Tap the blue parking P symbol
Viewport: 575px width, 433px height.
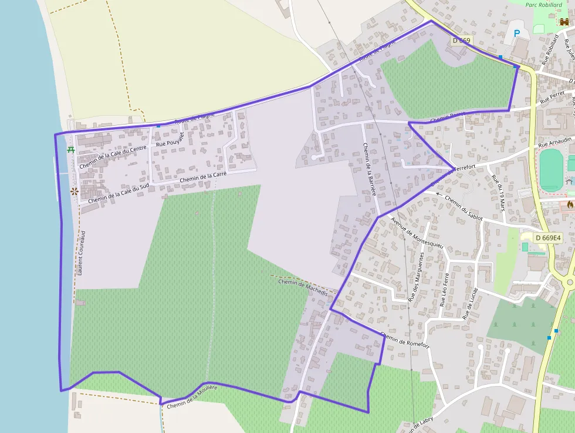coord(517,34)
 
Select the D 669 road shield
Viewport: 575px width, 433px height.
coord(462,41)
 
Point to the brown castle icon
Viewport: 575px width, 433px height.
coord(564,21)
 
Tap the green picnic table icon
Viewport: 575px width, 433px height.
coord(71,150)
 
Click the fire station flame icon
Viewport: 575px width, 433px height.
coord(570,204)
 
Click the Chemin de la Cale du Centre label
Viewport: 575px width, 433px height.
coord(113,156)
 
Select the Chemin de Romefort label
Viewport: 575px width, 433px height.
coord(405,340)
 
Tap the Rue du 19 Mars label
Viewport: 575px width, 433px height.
coord(499,193)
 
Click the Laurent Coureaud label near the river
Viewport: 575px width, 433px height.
coord(81,253)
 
